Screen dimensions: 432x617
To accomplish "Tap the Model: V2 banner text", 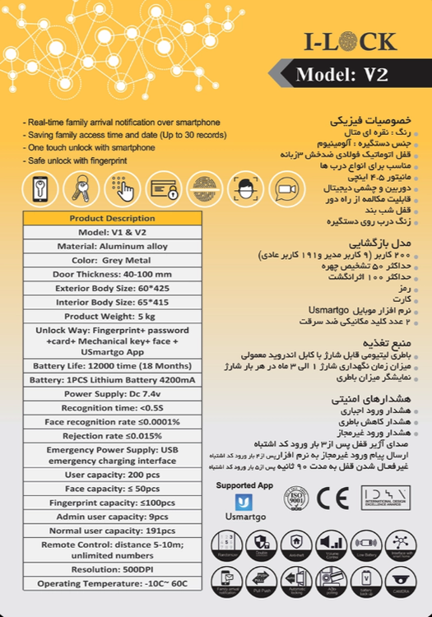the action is pyautogui.click(x=341, y=75).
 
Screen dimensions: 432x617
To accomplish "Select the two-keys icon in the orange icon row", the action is pyautogui.click(x=81, y=189).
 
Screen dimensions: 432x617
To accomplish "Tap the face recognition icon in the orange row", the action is pyautogui.click(x=242, y=189).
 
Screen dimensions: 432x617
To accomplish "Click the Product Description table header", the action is pyautogui.click(x=112, y=219).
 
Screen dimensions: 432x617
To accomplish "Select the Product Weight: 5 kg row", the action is pyautogui.click(x=112, y=316).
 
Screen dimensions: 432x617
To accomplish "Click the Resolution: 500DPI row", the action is pyautogui.click(x=112, y=568).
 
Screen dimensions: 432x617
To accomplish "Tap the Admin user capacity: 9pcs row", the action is pyautogui.click(x=112, y=516).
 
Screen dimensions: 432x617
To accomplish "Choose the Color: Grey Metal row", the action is pyautogui.click(x=112, y=260).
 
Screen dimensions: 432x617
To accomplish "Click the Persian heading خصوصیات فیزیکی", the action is pyautogui.click(x=374, y=119).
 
